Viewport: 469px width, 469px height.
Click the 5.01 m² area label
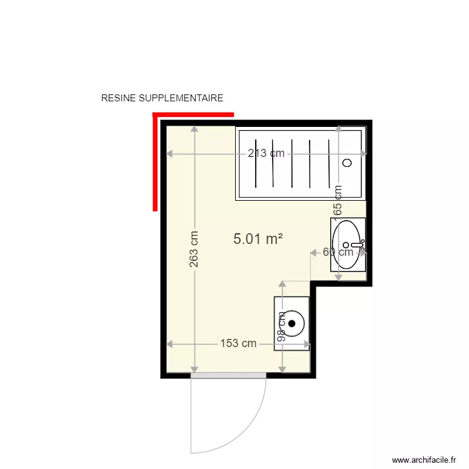click(x=258, y=238)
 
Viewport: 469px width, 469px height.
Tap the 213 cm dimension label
click(x=265, y=154)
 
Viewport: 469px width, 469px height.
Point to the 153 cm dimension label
click(x=238, y=343)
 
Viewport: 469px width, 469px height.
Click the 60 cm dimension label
click(x=338, y=252)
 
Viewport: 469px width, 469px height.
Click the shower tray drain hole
click(x=348, y=163)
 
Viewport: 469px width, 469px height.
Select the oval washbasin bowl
click(x=348, y=244)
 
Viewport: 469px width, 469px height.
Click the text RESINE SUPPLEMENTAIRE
click(x=162, y=98)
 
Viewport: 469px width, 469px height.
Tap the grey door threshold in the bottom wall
click(x=229, y=375)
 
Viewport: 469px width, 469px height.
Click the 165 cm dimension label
click(x=338, y=200)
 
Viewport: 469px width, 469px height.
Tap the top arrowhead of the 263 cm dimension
click(x=194, y=129)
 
